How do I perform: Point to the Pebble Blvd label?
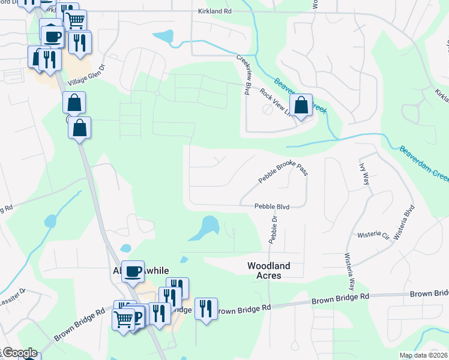point(272,206)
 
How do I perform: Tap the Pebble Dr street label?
point(274,231)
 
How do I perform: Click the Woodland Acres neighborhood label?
point(268,270)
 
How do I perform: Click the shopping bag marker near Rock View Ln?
point(302,106)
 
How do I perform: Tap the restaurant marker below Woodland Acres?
point(206,309)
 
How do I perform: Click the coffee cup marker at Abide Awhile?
point(133,271)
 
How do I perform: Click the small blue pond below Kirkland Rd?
point(163,37)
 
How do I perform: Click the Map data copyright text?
point(423,355)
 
